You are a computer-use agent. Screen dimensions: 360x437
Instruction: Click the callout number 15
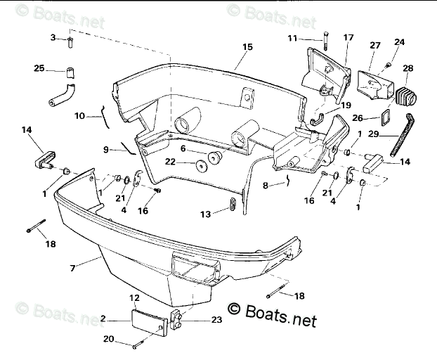tap(247, 46)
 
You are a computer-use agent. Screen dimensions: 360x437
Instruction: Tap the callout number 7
tap(72, 266)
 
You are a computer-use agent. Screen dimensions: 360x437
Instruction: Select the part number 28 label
tap(408, 68)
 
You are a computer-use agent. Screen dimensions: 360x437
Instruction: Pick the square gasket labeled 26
tap(386, 116)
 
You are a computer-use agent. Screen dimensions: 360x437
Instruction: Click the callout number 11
tap(292, 37)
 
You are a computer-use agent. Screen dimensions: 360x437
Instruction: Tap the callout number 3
tap(52, 37)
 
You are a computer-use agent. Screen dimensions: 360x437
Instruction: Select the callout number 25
tap(39, 68)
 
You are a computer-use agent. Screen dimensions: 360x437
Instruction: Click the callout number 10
tap(79, 115)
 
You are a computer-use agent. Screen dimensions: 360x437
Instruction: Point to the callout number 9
tap(106, 149)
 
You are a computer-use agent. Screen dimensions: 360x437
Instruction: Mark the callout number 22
tap(170, 162)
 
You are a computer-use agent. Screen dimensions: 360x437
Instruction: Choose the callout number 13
tap(206, 214)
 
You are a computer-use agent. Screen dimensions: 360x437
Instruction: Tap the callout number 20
tap(107, 339)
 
